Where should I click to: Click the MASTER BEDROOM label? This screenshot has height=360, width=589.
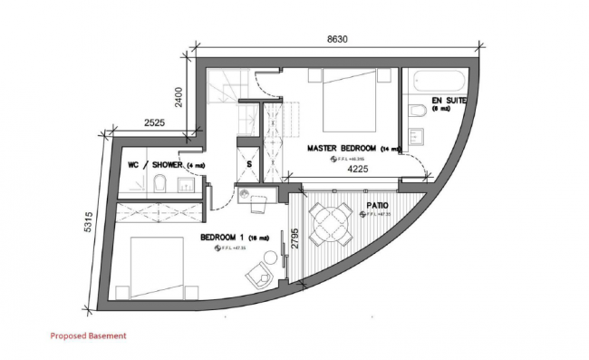pos(342,148)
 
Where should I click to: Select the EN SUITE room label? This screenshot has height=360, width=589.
pos(448,100)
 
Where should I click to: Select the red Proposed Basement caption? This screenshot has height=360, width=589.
pos(88,336)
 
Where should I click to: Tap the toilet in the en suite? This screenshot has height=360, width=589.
pos(417,112)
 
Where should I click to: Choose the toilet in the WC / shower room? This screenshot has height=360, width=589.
pos(159,186)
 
